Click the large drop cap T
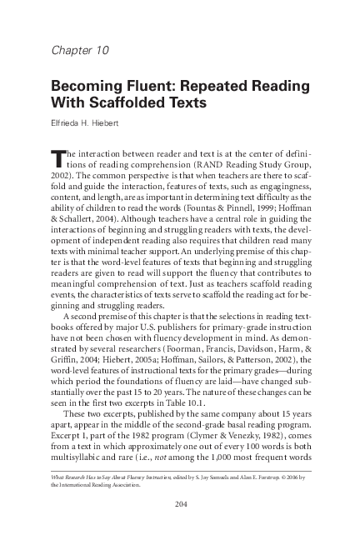tap(58, 158)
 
